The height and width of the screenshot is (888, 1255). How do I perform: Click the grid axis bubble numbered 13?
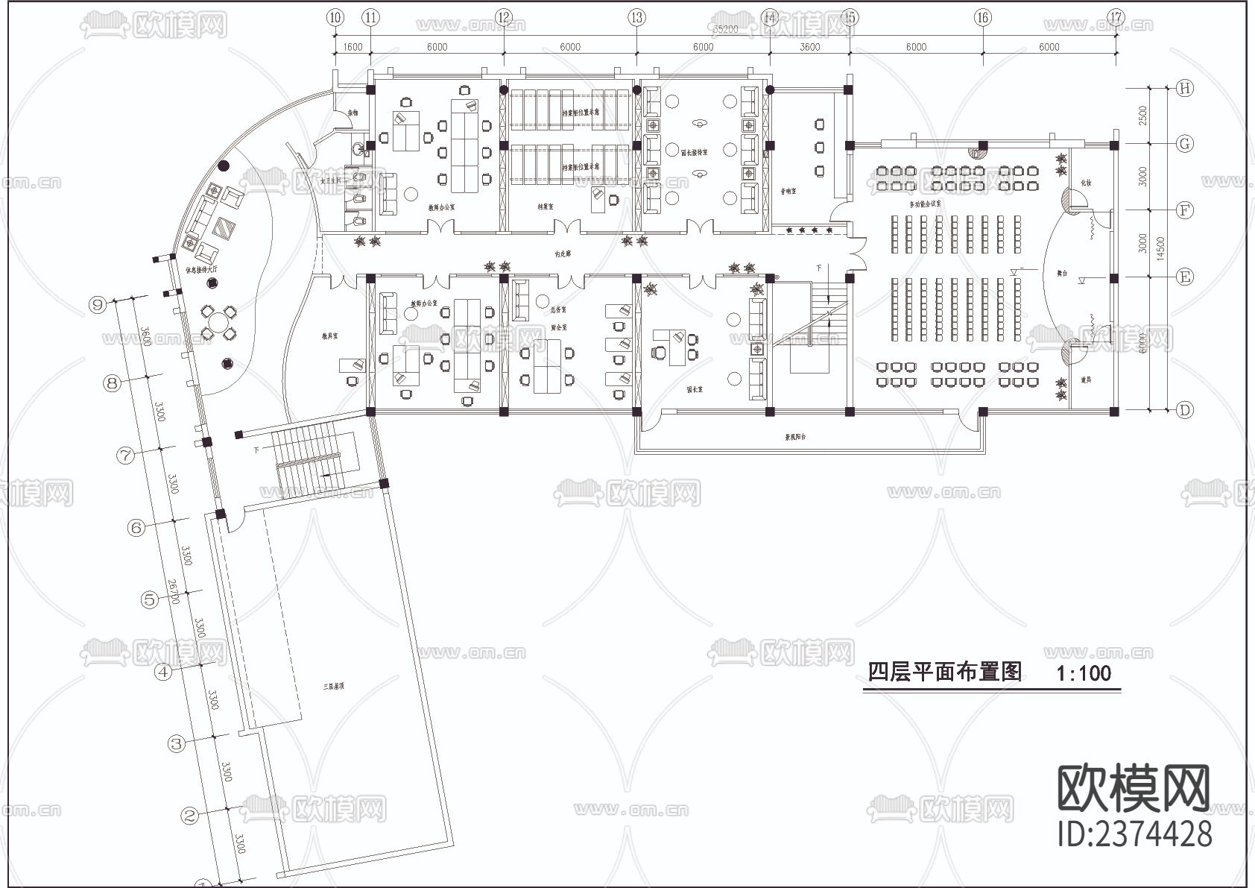636,18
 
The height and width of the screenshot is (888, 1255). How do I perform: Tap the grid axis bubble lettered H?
1184,88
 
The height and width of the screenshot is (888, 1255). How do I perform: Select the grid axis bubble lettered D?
1184,409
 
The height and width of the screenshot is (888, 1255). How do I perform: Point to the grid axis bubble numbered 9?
96,304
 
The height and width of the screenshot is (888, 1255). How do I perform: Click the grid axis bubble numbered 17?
1116,18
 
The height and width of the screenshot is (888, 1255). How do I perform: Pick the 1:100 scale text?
1083,673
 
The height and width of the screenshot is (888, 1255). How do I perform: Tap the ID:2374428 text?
1135,833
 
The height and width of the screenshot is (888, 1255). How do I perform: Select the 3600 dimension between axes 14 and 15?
809,47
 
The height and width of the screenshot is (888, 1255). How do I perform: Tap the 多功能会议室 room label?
925,203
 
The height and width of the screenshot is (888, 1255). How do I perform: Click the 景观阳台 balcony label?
795,437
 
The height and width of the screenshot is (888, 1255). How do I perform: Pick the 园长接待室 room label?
694,152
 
